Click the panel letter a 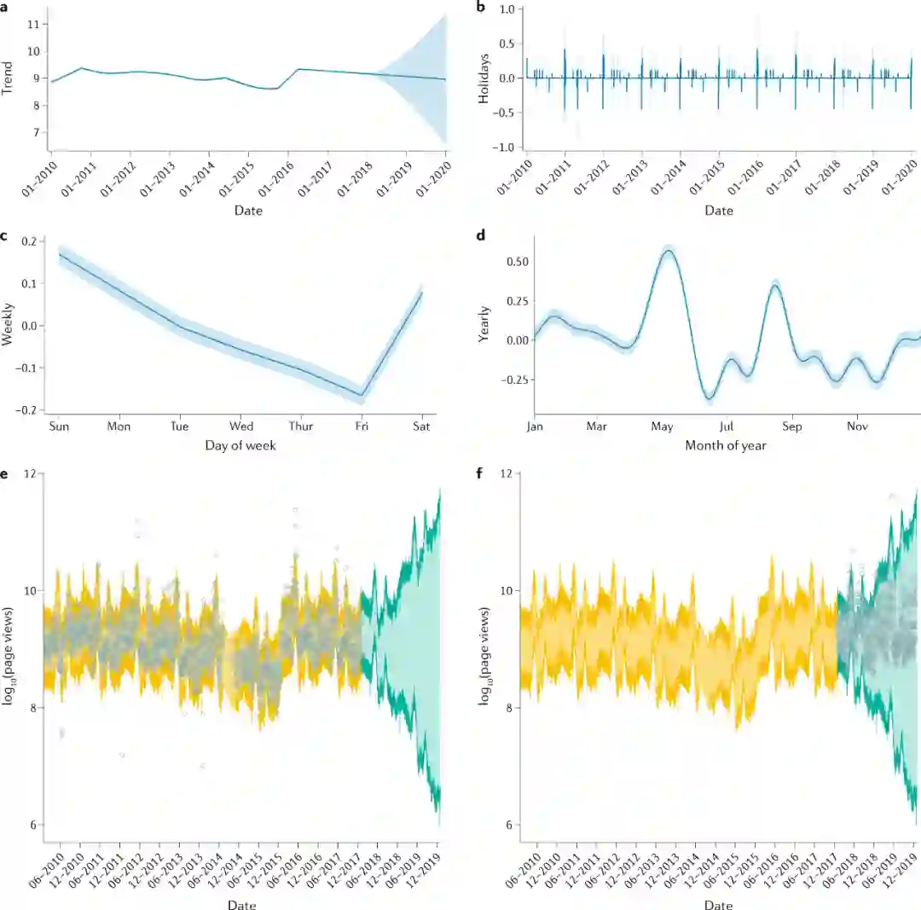pos(5,7)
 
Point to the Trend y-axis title pos(9,77)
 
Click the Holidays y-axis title pos(484,78)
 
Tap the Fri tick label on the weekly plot pos(363,426)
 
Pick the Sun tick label pos(60,426)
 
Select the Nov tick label pos(855,426)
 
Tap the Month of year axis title pos(725,445)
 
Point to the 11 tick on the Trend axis pos(33,24)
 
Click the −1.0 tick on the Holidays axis pos(507,148)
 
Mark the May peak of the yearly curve pos(669,250)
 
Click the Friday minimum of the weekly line pos(362,396)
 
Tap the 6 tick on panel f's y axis pos(508,825)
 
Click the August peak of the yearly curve pos(774,286)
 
